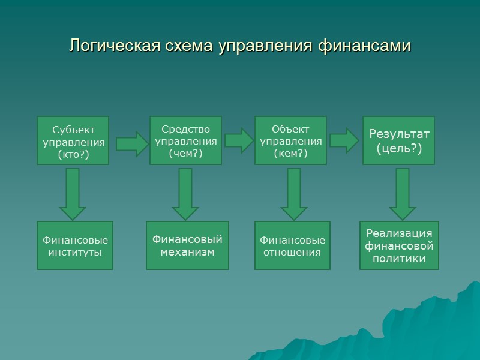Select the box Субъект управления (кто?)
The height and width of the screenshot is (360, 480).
pyautogui.click(x=73, y=140)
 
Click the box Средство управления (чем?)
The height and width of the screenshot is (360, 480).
pyautogui.click(x=185, y=140)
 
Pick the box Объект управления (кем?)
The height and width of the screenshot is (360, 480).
pyautogui.click(x=290, y=140)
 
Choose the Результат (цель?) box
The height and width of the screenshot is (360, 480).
pyautogui.click(x=398, y=140)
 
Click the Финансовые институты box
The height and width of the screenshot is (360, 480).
pyautogui.click(x=75, y=245)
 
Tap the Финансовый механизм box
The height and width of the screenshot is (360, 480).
pyautogui.click(x=187, y=245)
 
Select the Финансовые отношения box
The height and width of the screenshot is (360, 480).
pyautogui.click(x=292, y=245)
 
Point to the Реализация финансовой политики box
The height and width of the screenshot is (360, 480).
pyautogui.click(x=399, y=245)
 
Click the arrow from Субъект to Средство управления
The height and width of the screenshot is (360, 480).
pyautogui.click(x=131, y=143)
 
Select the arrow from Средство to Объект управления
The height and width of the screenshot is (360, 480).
pyautogui.click(x=239, y=140)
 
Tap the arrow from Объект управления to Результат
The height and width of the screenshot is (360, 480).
pyautogui.click(x=344, y=140)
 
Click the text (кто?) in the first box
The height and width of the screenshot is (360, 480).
pyautogui.click(x=73, y=154)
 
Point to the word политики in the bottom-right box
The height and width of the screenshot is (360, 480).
pyautogui.click(x=399, y=259)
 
